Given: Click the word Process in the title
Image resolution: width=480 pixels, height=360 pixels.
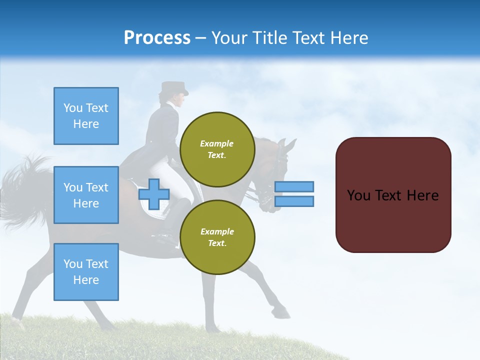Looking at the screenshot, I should [157, 38].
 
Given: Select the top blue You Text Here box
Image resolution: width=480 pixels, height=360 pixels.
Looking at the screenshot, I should [86, 116].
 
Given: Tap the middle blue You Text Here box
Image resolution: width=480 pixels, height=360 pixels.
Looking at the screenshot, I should [86, 195].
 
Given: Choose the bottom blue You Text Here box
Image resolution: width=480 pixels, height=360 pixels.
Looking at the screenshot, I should [86, 272].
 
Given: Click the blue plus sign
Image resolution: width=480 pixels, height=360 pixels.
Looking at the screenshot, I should [154, 194].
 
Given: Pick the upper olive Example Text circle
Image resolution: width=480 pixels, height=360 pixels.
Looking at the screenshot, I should [217, 149].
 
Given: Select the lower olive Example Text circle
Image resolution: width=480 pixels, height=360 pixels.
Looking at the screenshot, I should [217, 237].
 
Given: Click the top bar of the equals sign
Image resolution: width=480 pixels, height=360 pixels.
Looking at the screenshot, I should [294, 187].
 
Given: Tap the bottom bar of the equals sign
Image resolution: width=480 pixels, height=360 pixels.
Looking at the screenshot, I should [294, 201].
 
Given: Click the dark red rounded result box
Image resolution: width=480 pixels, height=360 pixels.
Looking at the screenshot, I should [393, 195].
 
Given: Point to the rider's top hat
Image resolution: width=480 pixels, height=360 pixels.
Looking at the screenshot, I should [174, 88].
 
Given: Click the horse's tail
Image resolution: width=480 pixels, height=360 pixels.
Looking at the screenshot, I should [25, 190].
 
